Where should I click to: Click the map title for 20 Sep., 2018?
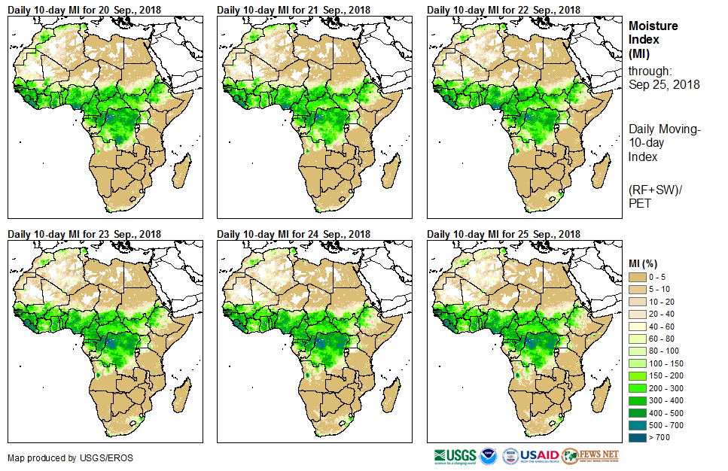[x=85, y=9]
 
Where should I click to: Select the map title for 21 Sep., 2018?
[x=294, y=9]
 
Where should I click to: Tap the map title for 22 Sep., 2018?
[x=504, y=9]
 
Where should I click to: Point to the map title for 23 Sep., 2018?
[x=85, y=233]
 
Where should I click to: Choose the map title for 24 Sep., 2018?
[x=294, y=233]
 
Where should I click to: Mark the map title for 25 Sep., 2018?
[x=504, y=233]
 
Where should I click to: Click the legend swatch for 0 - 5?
[x=637, y=278]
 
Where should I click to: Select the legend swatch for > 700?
[x=637, y=436]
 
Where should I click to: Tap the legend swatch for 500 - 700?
[x=637, y=424]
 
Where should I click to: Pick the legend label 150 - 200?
[x=666, y=375]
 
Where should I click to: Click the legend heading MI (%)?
[x=644, y=263]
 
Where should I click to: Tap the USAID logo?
[x=532, y=456]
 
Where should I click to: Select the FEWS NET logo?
[x=590, y=456]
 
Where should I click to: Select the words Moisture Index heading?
[x=653, y=32]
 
